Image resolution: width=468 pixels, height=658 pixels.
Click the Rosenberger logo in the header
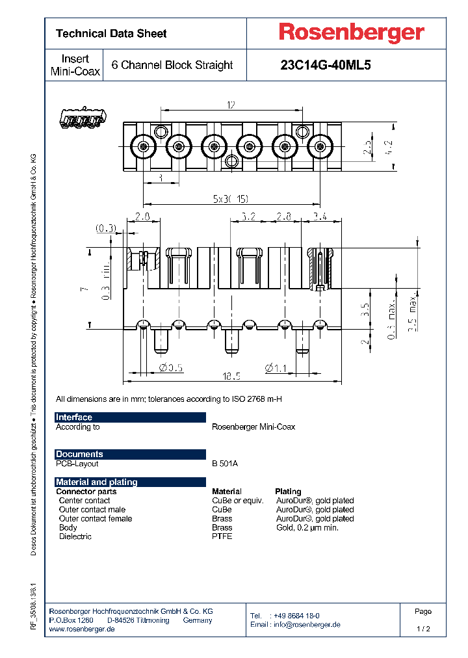(x=352, y=33)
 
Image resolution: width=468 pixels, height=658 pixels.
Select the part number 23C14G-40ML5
(x=325, y=65)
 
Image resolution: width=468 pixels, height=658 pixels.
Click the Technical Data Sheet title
(x=111, y=33)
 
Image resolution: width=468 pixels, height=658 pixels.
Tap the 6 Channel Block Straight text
(x=172, y=65)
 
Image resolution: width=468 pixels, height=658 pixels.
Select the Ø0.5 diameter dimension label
(x=172, y=368)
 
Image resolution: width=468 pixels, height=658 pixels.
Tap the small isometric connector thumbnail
(x=82, y=118)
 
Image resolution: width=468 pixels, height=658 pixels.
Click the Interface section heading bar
(x=130, y=417)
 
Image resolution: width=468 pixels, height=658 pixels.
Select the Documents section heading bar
(x=130, y=454)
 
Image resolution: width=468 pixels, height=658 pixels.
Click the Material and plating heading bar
(x=130, y=482)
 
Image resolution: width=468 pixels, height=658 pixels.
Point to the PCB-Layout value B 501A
(x=225, y=464)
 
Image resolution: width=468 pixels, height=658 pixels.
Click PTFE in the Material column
(x=222, y=536)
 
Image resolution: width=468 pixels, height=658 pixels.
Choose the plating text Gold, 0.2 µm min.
(x=307, y=527)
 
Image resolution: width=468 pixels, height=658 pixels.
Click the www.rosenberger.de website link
(x=82, y=629)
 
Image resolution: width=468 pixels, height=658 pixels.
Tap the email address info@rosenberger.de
(x=305, y=624)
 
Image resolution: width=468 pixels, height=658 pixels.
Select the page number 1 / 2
(x=423, y=629)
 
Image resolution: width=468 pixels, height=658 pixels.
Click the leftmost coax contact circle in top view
(x=142, y=146)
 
